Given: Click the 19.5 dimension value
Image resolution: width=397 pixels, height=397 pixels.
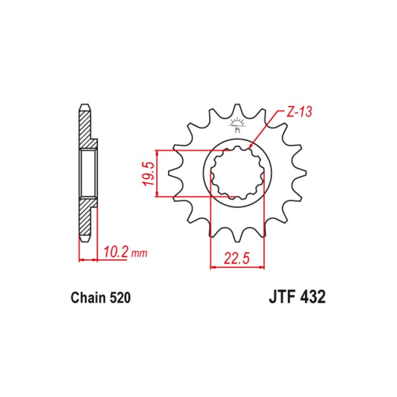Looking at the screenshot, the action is click(149, 174).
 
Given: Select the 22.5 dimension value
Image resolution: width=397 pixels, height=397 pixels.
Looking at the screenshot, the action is click(237, 257).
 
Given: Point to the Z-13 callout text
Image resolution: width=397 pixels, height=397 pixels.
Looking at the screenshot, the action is click(299, 112).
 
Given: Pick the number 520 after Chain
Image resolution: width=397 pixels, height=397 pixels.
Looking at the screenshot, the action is click(120, 298).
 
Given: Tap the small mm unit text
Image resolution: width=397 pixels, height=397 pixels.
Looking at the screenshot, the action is click(139, 253).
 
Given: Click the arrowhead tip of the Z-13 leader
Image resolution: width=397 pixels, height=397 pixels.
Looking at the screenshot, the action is click(249, 148).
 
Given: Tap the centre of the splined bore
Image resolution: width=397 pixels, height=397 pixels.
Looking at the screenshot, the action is click(237, 173).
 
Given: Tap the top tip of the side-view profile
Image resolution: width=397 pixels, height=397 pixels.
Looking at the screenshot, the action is click(85, 104).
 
